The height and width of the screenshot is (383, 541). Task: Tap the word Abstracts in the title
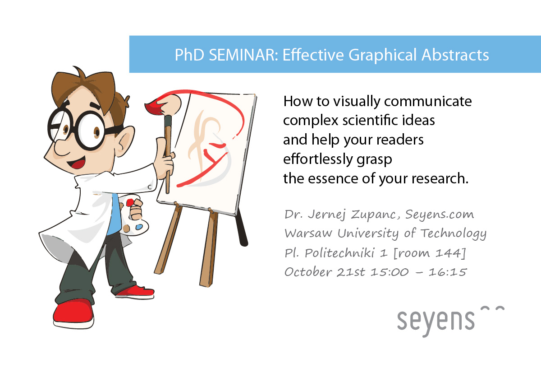click(455, 55)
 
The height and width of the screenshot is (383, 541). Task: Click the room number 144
click(447, 253)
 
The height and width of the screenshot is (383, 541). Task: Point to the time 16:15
click(448, 272)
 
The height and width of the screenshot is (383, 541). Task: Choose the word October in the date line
click(308, 272)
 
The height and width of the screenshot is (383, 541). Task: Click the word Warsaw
click(308, 233)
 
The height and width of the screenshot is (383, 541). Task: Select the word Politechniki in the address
click(340, 253)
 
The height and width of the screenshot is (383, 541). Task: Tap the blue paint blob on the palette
click(139, 227)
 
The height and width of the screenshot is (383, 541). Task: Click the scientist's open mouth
click(77, 163)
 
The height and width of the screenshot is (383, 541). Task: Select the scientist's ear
click(124, 141)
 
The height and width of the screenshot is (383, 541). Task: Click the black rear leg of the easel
click(242, 229)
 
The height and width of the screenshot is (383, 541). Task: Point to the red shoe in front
click(73, 314)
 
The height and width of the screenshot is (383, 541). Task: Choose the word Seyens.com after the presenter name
click(440, 215)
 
